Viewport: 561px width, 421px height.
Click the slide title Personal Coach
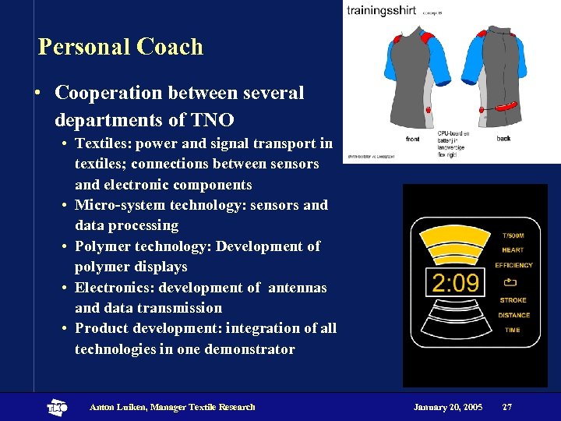tap(121, 47)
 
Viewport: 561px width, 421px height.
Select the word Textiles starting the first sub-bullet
tap(102, 143)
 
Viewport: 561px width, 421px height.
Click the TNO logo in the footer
tap(57, 407)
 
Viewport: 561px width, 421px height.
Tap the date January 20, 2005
tap(448, 407)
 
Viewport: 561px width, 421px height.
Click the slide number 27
tap(507, 407)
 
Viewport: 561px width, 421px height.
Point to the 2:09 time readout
tap(456, 282)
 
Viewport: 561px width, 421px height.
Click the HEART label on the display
tap(513, 250)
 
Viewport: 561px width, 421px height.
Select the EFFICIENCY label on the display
tap(513, 265)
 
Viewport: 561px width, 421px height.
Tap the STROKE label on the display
tap(513, 300)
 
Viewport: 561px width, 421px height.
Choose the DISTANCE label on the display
tap(513, 315)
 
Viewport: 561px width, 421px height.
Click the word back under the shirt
tap(503, 139)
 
